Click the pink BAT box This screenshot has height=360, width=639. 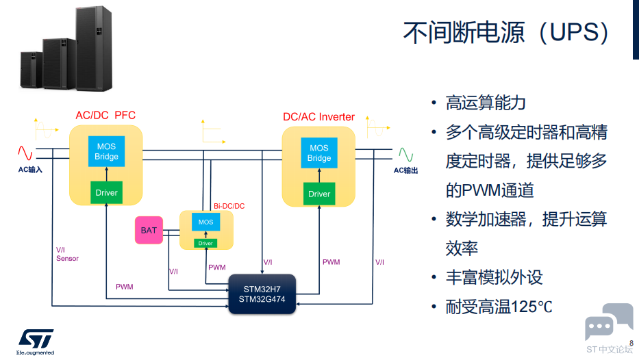[x=149, y=230]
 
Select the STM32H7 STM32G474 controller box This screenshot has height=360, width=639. [x=262, y=294]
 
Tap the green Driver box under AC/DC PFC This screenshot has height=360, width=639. [x=106, y=192]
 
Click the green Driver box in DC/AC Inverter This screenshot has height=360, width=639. [x=319, y=194]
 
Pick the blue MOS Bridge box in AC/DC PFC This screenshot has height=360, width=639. [x=106, y=151]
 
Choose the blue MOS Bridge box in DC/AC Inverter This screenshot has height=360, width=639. [x=319, y=153]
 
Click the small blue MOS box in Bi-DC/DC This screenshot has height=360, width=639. [x=205, y=222]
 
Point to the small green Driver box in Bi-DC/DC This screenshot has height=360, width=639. [x=205, y=243]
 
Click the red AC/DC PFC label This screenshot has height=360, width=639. [x=105, y=115]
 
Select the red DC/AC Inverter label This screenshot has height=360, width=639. [x=318, y=117]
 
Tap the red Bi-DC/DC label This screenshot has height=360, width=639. [x=229, y=206]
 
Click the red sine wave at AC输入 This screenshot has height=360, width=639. [x=25, y=153]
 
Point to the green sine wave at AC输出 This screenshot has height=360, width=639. [x=406, y=155]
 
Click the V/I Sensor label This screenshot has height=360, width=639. [x=67, y=254]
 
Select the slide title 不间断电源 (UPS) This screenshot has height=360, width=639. [x=505, y=33]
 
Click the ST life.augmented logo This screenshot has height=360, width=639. [x=36, y=342]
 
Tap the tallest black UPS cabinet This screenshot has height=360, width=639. [x=94, y=48]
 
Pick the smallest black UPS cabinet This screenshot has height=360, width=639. [x=32, y=70]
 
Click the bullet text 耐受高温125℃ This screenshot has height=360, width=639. [x=499, y=307]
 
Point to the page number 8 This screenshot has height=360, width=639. [x=631, y=344]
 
